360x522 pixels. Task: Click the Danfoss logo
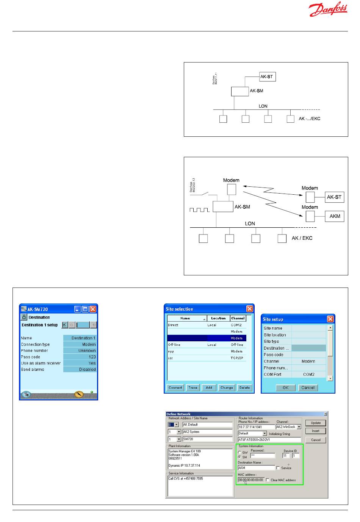click(328, 9)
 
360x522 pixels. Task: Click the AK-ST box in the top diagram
click(267, 77)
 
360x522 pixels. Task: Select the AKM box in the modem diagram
click(335, 216)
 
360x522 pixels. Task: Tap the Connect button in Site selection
click(175, 388)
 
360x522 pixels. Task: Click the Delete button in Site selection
click(244, 388)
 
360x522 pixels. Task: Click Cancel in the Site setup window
click(308, 388)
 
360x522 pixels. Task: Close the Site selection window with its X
click(249, 309)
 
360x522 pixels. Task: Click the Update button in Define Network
click(316, 423)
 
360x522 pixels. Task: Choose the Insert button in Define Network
click(316, 431)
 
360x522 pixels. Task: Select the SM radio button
click(239, 457)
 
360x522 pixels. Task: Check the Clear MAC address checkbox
click(268, 480)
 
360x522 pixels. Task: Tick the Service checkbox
click(278, 468)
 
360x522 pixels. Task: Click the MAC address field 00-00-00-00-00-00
click(250, 480)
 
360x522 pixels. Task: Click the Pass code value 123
click(80, 357)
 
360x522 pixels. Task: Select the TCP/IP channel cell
click(238, 358)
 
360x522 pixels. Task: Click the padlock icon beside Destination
click(24, 317)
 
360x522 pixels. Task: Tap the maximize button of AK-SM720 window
click(85, 309)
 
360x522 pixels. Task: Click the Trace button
click(193, 388)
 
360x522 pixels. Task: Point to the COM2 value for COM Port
click(308, 374)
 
